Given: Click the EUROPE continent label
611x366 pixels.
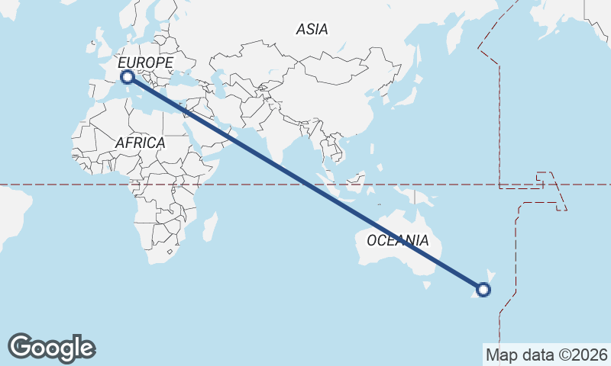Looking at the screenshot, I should point(146,63).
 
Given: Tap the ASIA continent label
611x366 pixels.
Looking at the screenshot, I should point(312,29).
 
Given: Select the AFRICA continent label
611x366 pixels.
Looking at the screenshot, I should point(140,143).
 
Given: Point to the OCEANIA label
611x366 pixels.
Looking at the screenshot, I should point(397,241).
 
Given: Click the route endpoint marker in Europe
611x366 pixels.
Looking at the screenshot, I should point(128,76).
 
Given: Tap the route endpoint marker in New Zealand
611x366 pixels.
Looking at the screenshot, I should point(483,289).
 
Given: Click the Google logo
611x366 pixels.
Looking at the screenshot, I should point(51,348).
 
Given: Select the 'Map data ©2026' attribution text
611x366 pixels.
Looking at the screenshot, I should point(546,355).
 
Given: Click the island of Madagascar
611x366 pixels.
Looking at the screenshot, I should point(209,227).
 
